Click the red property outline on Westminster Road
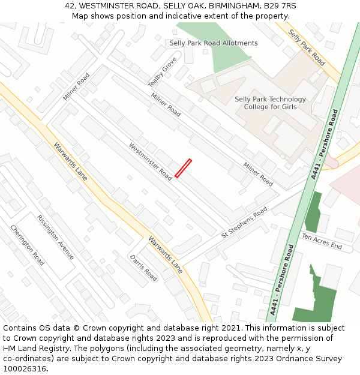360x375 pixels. pos(183,168)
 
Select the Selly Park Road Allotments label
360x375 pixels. pos(213,43)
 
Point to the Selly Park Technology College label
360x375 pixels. pos(270,103)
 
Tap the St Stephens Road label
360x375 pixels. pos(244,222)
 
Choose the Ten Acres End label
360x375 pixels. pos(322,242)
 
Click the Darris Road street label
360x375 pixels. pos(143,268)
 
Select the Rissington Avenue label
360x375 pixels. pos(55,237)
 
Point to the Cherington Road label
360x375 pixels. pos(27,245)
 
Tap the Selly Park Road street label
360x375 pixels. pos(306,47)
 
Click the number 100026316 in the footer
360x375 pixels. pos(25,368)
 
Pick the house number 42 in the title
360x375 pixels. pos(70,6)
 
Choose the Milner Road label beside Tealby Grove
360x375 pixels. pos(166,105)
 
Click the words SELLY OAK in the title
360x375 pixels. pos(178,6)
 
